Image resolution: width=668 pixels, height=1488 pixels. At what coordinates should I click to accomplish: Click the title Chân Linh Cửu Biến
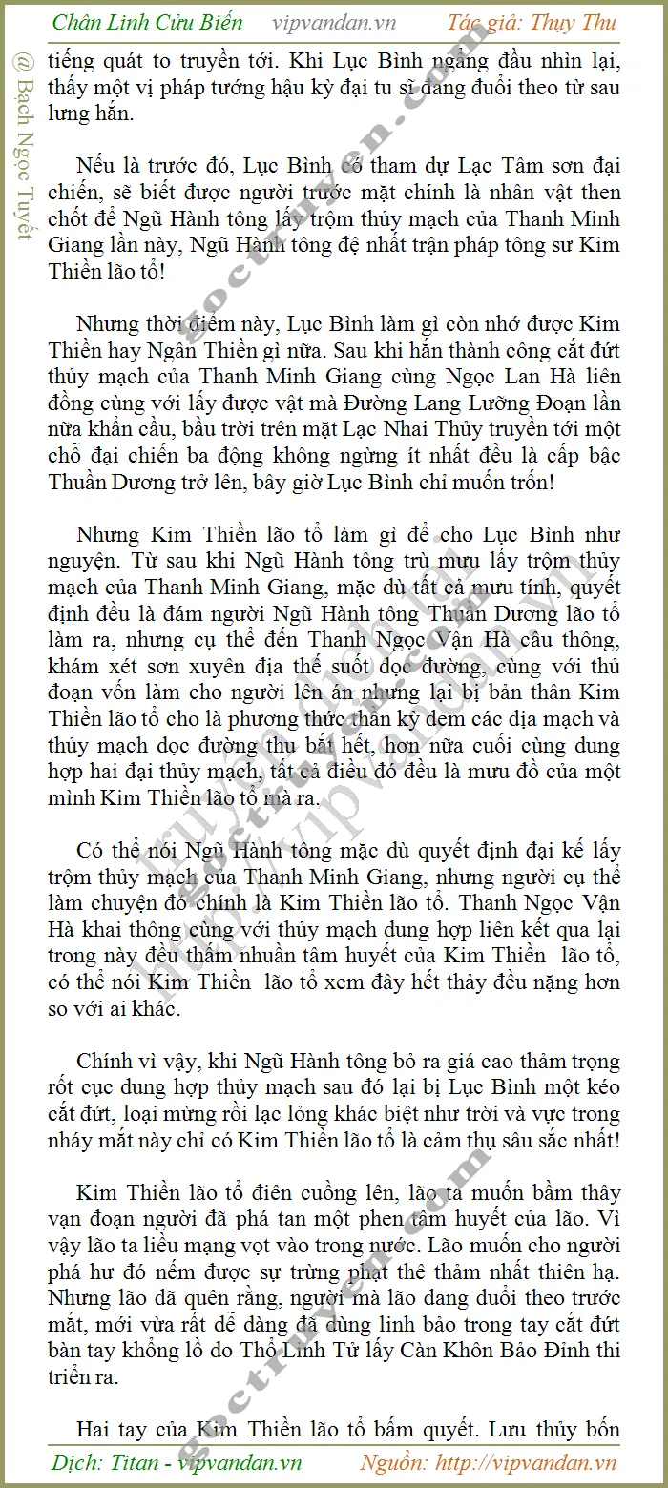[147, 23]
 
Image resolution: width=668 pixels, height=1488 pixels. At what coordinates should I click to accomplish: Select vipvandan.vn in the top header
[334, 23]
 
